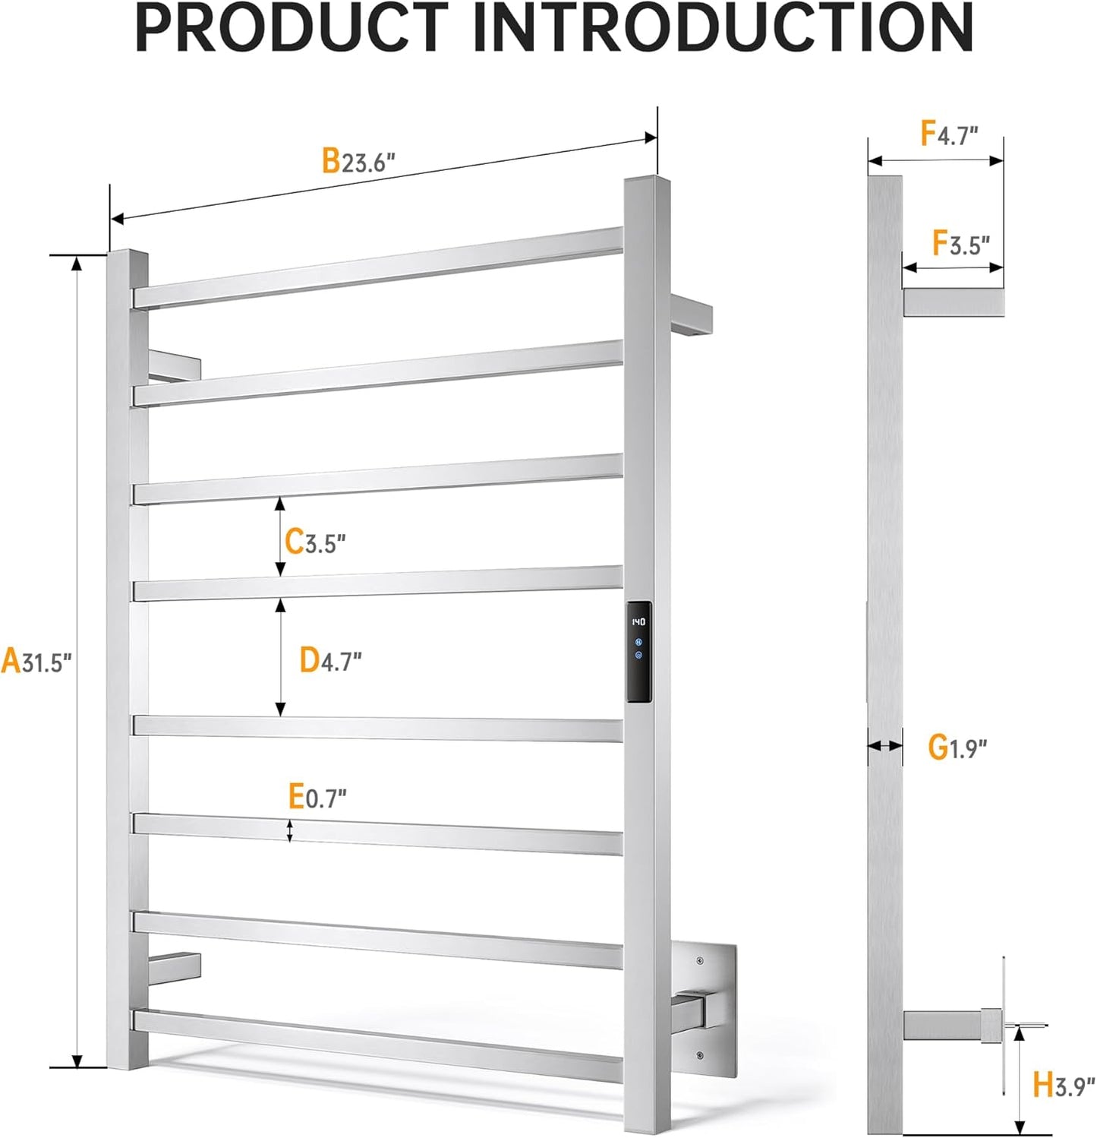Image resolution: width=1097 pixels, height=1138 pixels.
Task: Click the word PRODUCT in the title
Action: click(x=292, y=27)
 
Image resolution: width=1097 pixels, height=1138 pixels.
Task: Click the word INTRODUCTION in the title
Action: click(x=723, y=27)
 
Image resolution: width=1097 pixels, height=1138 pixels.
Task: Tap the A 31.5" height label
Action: click(x=36, y=661)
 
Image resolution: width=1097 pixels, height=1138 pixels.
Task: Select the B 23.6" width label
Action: click(x=358, y=161)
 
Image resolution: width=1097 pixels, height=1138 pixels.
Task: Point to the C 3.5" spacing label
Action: click(x=315, y=542)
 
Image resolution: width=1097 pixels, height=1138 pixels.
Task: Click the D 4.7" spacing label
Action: click(x=330, y=660)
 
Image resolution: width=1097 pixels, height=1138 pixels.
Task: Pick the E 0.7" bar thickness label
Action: click(x=317, y=797)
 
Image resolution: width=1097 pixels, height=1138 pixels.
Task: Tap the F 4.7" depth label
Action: click(x=949, y=134)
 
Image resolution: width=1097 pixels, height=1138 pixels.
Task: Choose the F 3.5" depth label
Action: click(x=961, y=244)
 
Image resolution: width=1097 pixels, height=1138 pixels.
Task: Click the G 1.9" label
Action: click(x=957, y=748)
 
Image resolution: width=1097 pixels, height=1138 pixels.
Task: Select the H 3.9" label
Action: click(x=1063, y=1085)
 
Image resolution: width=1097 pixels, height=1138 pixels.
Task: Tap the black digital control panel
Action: click(x=638, y=652)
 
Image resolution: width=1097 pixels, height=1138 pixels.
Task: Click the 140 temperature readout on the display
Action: click(x=638, y=622)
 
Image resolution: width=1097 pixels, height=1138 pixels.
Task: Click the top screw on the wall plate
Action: click(x=699, y=962)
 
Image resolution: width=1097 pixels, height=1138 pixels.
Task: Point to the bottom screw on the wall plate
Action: click(x=699, y=1055)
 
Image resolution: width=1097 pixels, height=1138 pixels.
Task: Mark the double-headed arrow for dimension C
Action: click(x=280, y=536)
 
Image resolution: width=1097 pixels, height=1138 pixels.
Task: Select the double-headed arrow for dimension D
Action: click(x=280, y=657)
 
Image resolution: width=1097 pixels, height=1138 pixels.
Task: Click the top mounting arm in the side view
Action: click(x=954, y=302)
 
